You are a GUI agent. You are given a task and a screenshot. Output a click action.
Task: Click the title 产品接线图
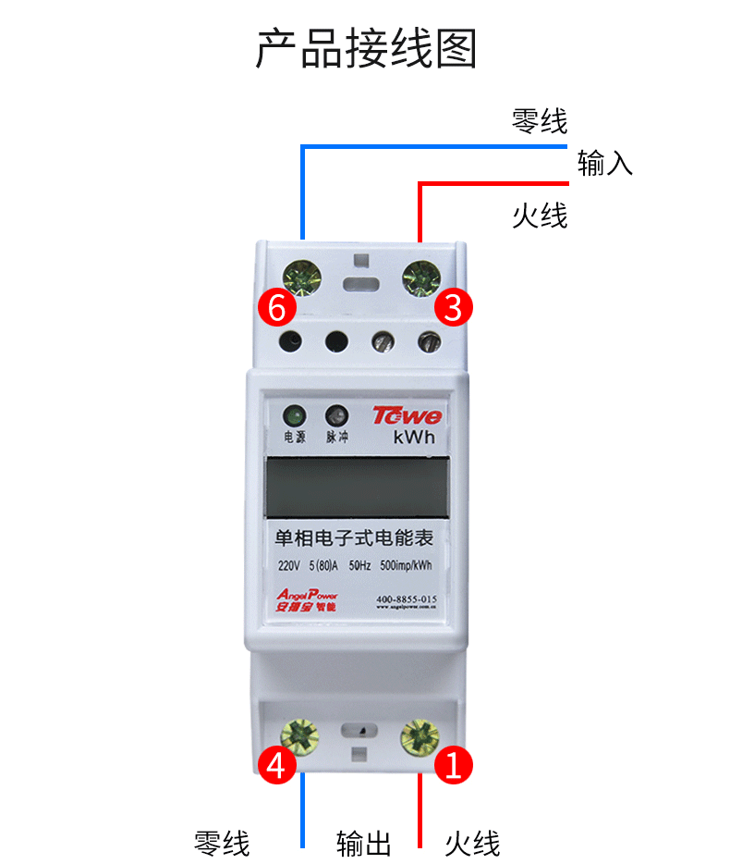click(365, 49)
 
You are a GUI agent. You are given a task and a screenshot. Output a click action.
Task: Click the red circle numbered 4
click(276, 764)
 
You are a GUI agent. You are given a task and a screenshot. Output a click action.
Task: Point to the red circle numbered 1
click(453, 764)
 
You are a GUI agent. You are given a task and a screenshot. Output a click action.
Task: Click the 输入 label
click(604, 164)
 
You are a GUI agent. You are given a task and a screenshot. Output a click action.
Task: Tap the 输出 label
click(364, 843)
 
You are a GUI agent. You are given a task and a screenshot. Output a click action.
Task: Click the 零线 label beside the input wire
click(540, 120)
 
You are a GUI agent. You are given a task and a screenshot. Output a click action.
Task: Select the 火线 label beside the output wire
click(472, 843)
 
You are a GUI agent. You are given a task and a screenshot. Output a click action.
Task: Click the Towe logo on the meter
click(408, 415)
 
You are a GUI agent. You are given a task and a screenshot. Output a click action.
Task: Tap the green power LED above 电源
click(294, 415)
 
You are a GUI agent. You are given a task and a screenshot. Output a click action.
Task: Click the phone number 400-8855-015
click(407, 599)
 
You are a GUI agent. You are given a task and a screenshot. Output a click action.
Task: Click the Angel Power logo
click(307, 599)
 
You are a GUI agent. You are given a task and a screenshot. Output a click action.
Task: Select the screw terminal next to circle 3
click(421, 276)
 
